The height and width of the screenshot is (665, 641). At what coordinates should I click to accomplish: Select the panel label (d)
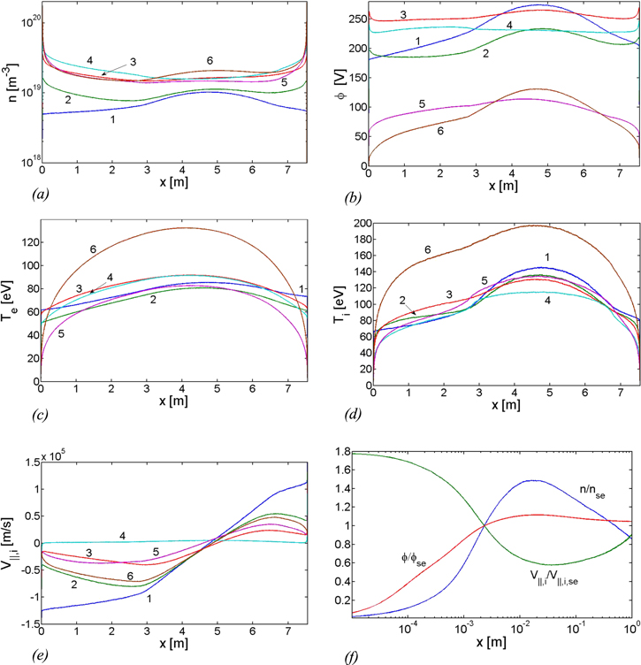[x=346, y=414]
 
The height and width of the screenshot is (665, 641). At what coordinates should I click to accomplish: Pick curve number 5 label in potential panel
[x=422, y=104]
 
